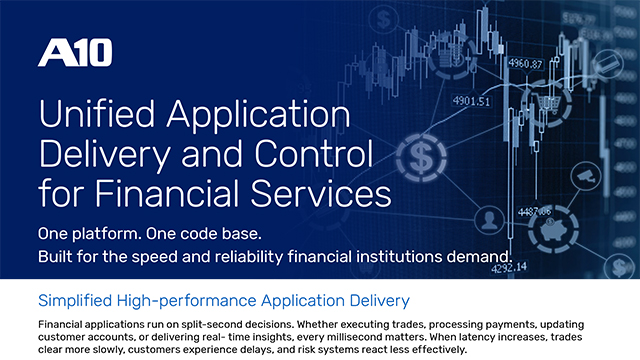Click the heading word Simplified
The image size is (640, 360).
pyautogui.click(x=75, y=299)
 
